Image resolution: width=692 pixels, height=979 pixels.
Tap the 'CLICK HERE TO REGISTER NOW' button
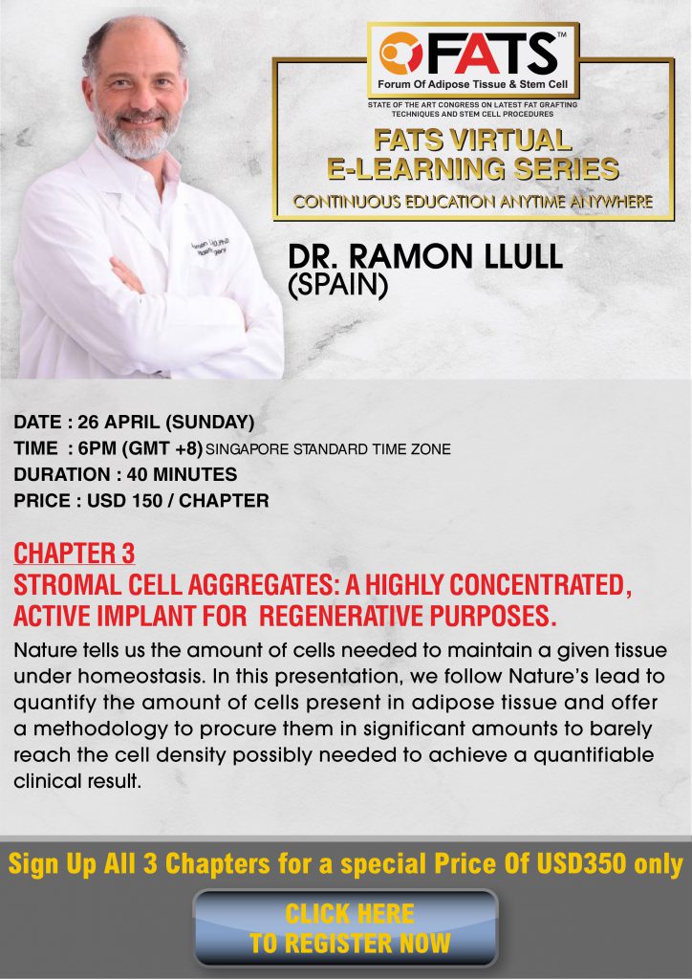[x=346, y=927]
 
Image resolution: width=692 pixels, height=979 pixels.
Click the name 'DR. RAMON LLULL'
[x=425, y=257]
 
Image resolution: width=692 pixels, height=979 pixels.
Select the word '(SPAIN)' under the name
[x=337, y=285]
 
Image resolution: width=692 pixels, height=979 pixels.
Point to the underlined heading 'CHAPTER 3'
[x=75, y=554]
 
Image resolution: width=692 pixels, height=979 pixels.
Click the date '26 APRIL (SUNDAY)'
[x=166, y=423]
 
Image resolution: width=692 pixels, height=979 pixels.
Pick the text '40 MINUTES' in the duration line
[x=183, y=474]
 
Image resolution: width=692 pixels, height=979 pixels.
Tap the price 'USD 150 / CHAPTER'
[x=178, y=501]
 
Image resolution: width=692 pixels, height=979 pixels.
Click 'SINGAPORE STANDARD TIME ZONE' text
[x=328, y=449]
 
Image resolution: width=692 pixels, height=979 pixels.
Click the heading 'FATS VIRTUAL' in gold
[x=472, y=141]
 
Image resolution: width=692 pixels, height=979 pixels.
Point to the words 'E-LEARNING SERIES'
[x=473, y=168]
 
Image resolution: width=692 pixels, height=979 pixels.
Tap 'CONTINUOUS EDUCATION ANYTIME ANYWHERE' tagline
[x=473, y=202]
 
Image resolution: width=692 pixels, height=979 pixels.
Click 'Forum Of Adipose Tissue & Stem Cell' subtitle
[x=472, y=84]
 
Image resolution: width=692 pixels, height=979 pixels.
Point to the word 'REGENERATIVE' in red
[x=341, y=617]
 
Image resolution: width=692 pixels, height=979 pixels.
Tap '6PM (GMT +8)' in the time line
[x=141, y=449]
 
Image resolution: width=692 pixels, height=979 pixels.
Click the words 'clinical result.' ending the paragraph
[x=77, y=781]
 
